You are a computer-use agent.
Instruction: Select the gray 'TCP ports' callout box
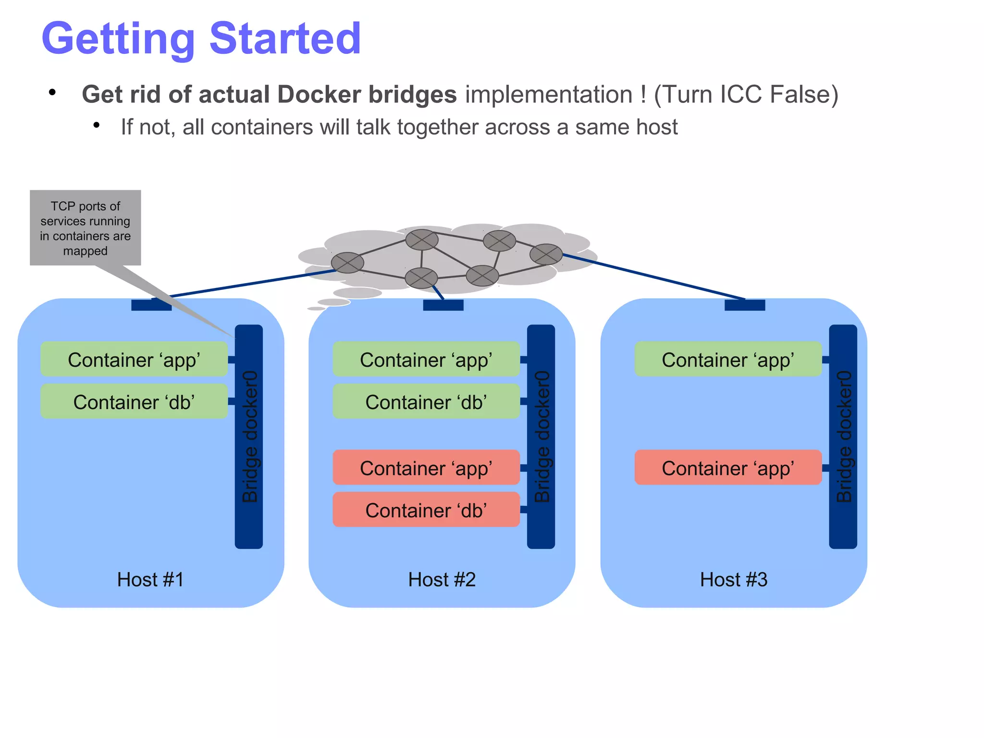86,228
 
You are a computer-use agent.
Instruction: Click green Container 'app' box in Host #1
134,360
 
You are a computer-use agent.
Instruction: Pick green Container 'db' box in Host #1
134,401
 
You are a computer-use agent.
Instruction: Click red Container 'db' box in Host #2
426,510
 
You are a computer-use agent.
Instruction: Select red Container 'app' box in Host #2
426,468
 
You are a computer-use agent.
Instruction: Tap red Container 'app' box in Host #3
727,468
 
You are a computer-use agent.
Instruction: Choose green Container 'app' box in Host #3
727,360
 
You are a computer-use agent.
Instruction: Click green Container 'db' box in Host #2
426,401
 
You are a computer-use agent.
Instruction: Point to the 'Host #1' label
150,579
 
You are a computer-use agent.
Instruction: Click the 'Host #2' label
442,579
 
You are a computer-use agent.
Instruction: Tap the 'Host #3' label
734,579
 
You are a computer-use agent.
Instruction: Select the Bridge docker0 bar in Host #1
249,437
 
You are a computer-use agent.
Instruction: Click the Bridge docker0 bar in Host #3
843,437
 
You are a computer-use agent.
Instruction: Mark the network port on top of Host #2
443,305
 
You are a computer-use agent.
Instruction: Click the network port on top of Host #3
745,305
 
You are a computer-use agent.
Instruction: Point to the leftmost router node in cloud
347,263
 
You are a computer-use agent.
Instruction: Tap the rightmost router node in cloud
546,254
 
